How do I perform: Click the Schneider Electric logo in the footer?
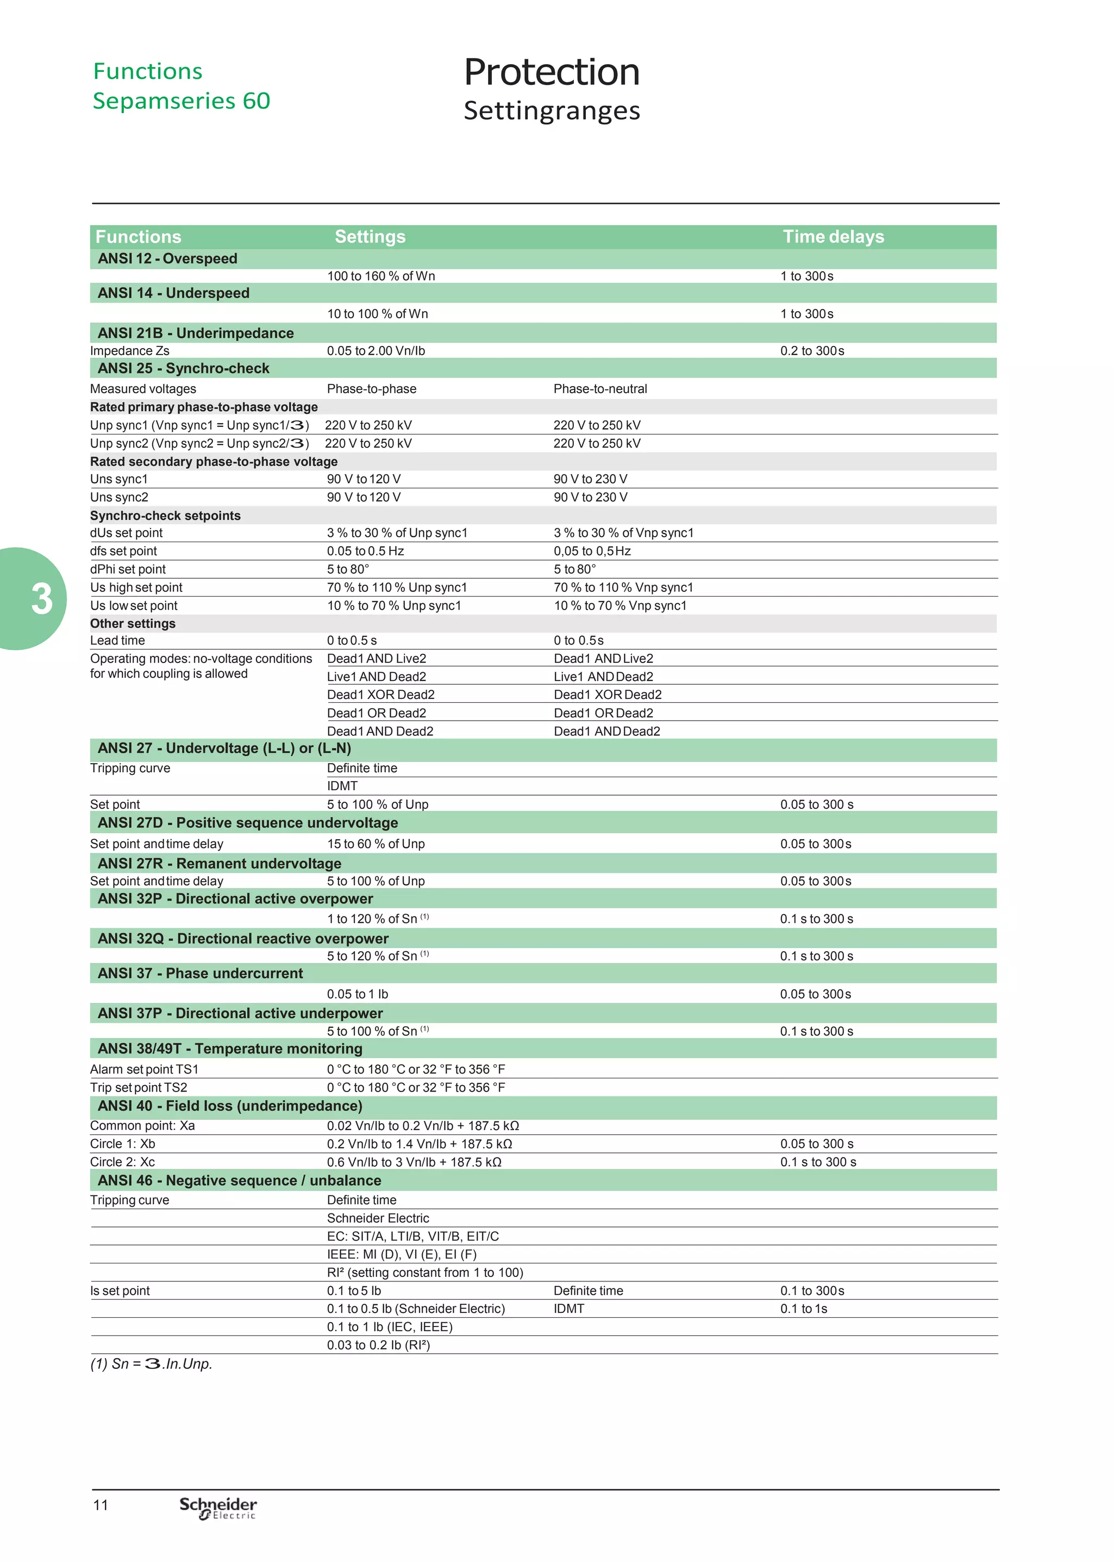pyautogui.click(x=218, y=1508)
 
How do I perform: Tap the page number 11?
pyautogui.click(x=101, y=1505)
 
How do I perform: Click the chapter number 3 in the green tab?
pyautogui.click(x=41, y=599)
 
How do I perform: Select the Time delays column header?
pyautogui.click(x=833, y=237)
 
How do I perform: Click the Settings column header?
pyautogui.click(x=370, y=237)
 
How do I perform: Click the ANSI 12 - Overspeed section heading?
pyautogui.click(x=167, y=258)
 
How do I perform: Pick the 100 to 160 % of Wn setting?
pyautogui.click(x=380, y=276)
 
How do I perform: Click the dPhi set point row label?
pyautogui.click(x=128, y=569)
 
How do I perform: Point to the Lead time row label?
pyautogui.click(x=117, y=641)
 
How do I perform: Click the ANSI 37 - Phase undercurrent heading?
pyautogui.click(x=199, y=973)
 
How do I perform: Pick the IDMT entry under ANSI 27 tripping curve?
pyautogui.click(x=342, y=786)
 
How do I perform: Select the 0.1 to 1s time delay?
pyautogui.click(x=803, y=1309)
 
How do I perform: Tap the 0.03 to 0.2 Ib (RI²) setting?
pyautogui.click(x=378, y=1344)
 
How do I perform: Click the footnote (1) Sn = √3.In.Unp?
pyautogui.click(x=151, y=1364)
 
